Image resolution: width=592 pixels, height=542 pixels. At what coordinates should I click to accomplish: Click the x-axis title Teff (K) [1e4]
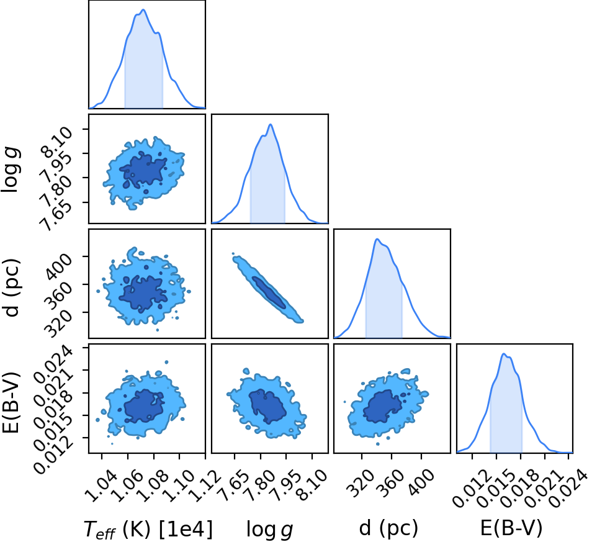(x=148, y=528)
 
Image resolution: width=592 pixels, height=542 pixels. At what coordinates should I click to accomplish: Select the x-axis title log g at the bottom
(x=269, y=529)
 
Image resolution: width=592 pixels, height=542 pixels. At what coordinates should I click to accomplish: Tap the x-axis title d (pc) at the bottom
(x=388, y=528)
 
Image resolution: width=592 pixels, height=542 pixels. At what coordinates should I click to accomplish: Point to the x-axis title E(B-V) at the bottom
(x=511, y=528)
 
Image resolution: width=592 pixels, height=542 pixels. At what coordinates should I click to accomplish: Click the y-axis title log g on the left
(x=10, y=169)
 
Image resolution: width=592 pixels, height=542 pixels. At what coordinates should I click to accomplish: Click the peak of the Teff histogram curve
(x=143, y=9)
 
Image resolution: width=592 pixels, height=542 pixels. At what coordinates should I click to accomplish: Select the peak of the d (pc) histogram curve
(x=377, y=238)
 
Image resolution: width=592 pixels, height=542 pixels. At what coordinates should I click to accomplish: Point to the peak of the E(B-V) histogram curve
(x=503, y=353)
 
